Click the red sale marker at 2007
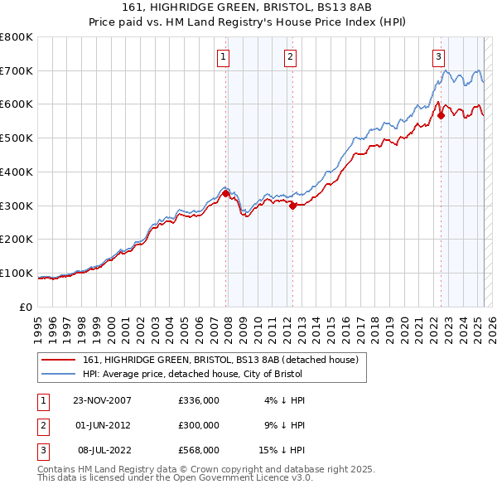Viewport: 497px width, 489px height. [225, 193]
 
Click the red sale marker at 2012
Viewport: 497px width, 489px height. [292, 206]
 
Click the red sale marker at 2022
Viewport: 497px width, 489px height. [441, 115]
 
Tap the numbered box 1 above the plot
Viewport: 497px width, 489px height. [224, 57]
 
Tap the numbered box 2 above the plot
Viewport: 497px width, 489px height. [291, 57]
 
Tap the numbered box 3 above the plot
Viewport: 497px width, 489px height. [438, 57]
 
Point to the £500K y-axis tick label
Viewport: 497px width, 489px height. [17, 138]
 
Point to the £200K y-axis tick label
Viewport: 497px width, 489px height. [17, 240]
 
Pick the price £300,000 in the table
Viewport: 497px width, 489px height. [199, 425]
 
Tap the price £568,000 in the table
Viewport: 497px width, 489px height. [199, 450]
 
